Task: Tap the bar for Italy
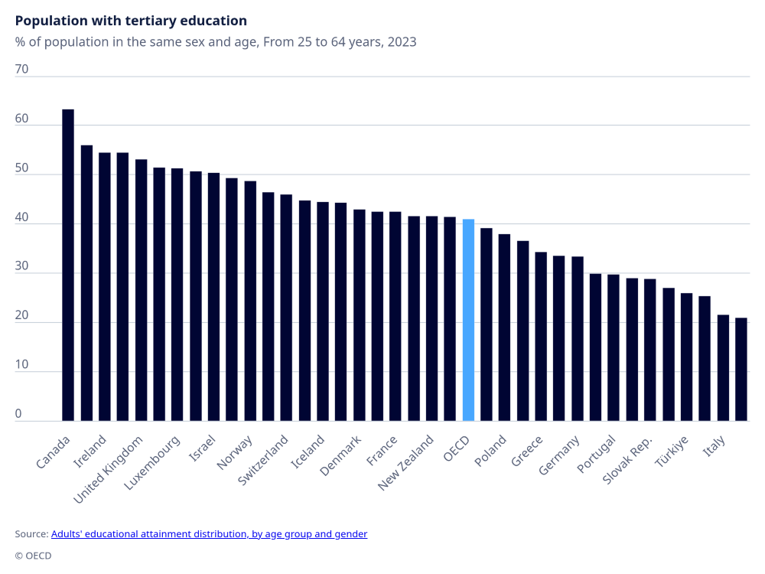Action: click(723, 367)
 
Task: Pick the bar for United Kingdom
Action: click(141, 290)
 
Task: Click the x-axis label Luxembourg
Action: click(152, 463)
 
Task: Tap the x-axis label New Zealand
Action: click(407, 463)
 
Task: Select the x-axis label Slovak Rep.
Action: click(628, 460)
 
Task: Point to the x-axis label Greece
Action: click(528, 452)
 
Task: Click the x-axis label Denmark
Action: click(340, 456)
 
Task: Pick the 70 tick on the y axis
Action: click(22, 69)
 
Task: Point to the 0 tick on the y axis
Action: click(19, 414)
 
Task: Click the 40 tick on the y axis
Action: click(22, 217)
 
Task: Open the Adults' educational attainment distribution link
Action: click(209, 534)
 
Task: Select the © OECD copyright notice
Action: click(33, 556)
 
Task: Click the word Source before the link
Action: click(31, 534)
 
